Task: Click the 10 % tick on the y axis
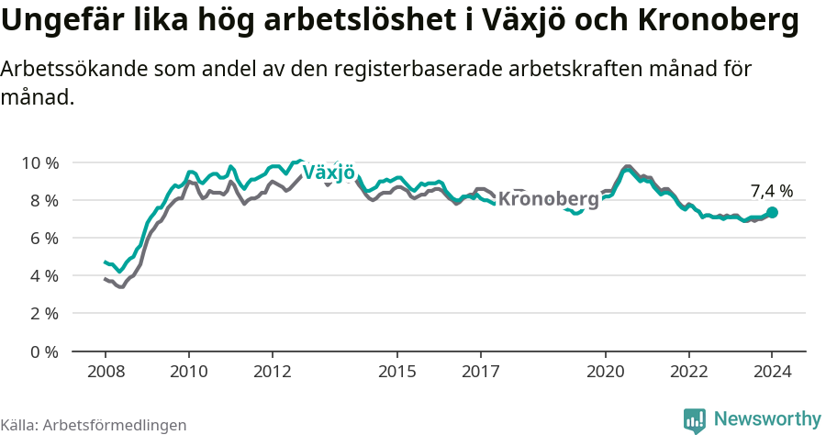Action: click(x=39, y=162)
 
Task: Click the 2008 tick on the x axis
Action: click(x=105, y=371)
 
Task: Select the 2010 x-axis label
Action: click(x=188, y=371)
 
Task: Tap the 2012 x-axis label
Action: click(x=272, y=371)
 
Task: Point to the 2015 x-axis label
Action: click(x=396, y=371)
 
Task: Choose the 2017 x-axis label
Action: click(x=480, y=371)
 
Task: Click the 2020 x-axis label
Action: click(x=606, y=371)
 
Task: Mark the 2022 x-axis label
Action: click(x=689, y=371)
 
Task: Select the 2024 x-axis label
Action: click(x=772, y=371)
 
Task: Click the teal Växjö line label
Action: click(x=329, y=173)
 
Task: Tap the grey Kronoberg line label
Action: click(x=548, y=199)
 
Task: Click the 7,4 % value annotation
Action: click(x=771, y=191)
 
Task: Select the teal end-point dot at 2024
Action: click(x=773, y=212)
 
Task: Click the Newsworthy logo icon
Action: click(x=695, y=420)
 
